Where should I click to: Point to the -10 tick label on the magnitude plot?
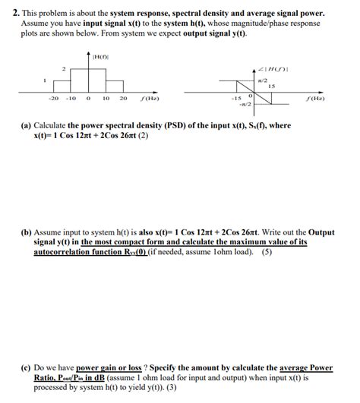click(71, 98)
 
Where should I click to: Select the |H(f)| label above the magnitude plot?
click(98, 55)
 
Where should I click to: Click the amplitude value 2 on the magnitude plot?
click(64, 69)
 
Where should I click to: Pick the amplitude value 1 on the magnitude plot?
click(46, 80)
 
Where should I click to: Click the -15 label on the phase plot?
click(235, 98)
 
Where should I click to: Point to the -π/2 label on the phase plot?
click(245, 105)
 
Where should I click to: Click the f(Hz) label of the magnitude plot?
click(149, 99)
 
